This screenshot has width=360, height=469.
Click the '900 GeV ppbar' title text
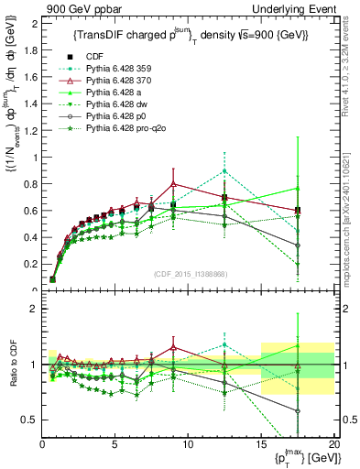pos(77,7)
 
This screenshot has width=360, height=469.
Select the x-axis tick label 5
pos(115,444)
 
